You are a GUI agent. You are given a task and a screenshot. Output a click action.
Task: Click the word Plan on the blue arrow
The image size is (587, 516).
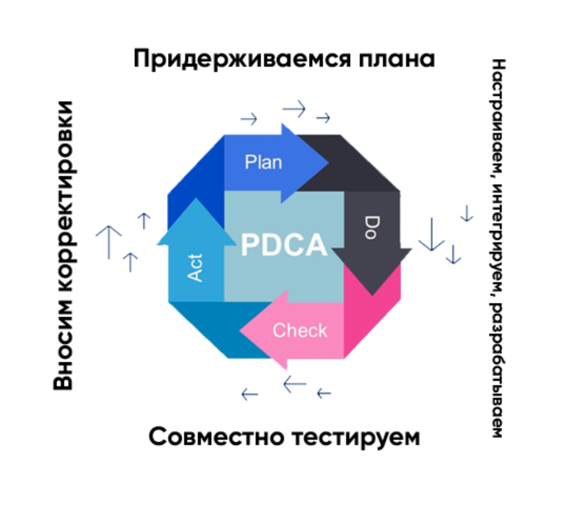tap(263, 162)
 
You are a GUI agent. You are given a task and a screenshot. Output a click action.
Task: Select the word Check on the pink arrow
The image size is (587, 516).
tap(300, 331)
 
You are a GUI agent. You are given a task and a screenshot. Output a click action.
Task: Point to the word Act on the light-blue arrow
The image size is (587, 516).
tap(195, 267)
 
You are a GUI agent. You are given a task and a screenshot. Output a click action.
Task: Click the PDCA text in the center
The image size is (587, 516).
tap(284, 245)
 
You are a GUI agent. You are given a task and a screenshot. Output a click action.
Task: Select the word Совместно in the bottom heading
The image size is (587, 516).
tap(214, 437)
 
